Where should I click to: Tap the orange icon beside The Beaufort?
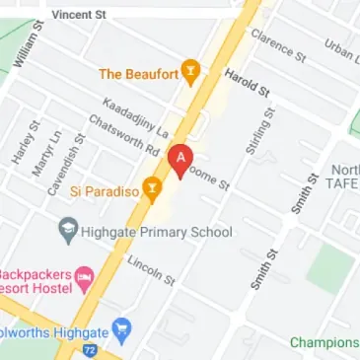coord(191,73)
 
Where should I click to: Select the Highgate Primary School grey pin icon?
coord(69,233)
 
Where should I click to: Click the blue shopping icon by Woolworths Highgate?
coord(122,327)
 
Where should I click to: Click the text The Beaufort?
coord(137,73)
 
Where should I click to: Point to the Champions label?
coord(324,342)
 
